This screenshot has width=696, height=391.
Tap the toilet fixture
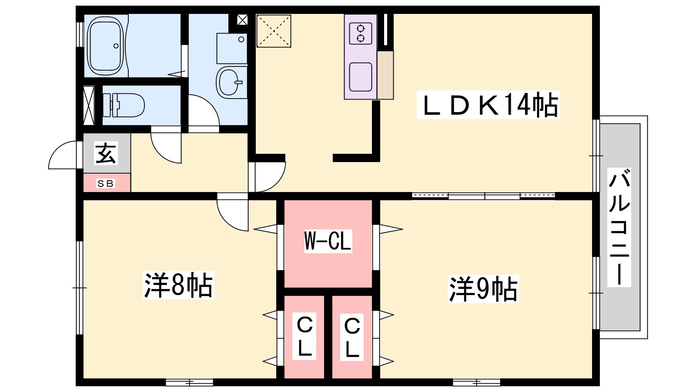point(124,105)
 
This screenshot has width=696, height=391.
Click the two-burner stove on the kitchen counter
point(361,33)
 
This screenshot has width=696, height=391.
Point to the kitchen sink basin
point(361,77)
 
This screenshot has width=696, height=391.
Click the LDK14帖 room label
point(488,105)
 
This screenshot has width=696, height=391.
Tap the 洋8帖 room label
point(178,285)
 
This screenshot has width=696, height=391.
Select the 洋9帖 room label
point(483,289)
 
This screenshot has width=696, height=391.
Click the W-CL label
point(328,241)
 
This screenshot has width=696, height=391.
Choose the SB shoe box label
point(106,183)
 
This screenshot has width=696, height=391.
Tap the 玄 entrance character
point(106,153)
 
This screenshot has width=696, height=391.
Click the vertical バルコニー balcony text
point(619,228)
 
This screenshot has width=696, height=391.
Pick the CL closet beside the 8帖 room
point(304,336)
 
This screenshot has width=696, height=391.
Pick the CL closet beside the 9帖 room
point(352,337)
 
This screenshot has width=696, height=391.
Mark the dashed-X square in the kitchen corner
point(274,31)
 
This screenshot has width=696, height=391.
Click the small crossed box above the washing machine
point(242,20)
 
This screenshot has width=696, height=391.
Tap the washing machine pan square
point(232,49)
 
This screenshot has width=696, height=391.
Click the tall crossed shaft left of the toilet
point(89,106)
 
